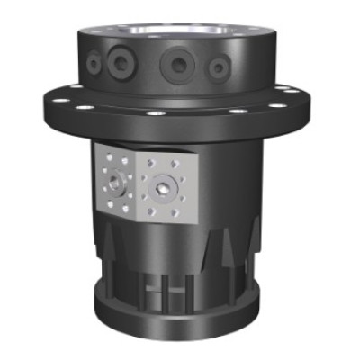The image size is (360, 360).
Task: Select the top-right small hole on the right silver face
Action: click(185, 165)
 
